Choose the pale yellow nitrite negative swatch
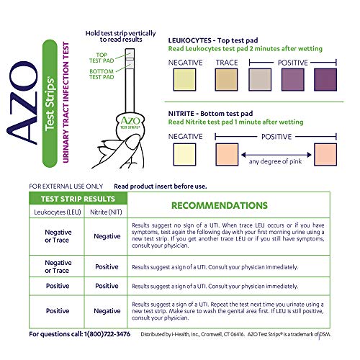point(185,153)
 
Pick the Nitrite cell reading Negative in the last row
point(107,311)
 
